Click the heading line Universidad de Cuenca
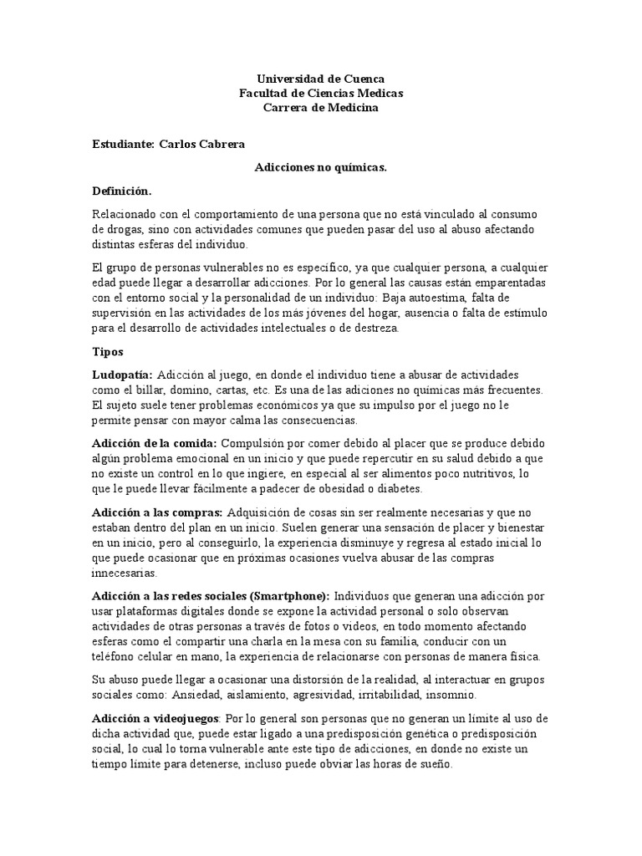320,79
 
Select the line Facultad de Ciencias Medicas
320,94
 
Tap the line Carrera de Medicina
320,109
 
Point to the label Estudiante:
123,144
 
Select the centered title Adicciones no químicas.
320,167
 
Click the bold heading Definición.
122,191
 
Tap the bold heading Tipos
107,352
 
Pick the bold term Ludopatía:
122,375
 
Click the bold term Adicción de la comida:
154,441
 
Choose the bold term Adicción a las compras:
157,512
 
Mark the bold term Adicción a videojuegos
155,719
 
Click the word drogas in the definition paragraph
109,228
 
